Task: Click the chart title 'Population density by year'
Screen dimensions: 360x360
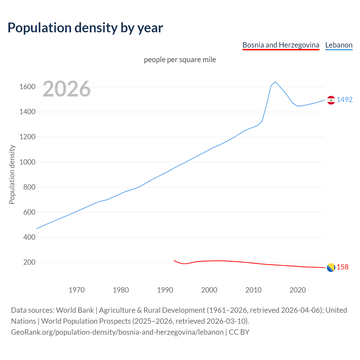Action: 85,28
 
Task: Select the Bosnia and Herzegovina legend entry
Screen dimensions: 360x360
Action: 281,45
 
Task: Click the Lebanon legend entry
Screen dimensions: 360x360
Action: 339,45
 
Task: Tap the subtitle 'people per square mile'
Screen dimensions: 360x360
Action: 180,60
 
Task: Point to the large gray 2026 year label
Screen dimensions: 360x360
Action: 67,89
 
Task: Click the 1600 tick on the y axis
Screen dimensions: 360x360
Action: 27,87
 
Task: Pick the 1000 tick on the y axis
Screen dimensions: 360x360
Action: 27,162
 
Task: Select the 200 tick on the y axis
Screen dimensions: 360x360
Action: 29,262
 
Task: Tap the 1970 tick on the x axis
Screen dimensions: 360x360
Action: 76,290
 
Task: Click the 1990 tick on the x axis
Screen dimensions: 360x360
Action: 165,290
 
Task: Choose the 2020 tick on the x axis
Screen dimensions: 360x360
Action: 298,290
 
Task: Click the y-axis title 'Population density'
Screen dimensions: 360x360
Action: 12,174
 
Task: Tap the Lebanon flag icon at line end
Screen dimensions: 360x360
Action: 331,100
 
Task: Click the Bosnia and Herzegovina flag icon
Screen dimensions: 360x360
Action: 331,267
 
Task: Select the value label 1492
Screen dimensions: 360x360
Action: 345,100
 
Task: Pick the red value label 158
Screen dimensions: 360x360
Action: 343,267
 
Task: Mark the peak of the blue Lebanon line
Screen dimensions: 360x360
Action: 275,82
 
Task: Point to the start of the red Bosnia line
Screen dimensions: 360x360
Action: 174,260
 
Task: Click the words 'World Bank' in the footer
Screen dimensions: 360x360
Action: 75,310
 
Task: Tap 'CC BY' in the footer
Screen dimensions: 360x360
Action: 239,332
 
